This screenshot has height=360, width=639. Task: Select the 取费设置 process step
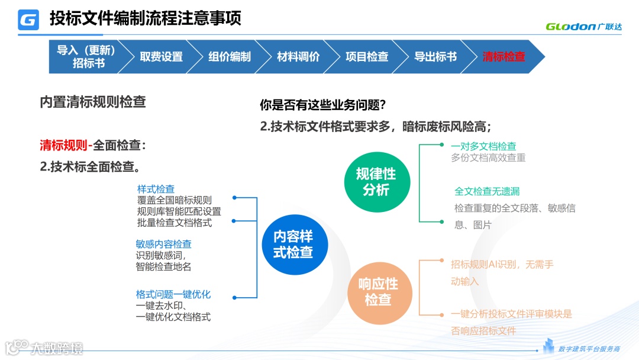(161, 57)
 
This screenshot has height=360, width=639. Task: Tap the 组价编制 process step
(230, 57)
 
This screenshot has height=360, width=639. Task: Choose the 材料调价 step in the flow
(298, 57)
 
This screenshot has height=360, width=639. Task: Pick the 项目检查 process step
(367, 57)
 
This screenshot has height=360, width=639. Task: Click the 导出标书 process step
(435, 57)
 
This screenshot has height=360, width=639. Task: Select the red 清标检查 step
(504, 57)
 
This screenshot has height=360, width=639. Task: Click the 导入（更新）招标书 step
(86, 57)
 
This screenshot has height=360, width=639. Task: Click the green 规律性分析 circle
(376, 182)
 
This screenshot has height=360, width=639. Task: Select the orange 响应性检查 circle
(378, 292)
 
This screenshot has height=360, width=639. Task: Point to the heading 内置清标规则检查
(93, 102)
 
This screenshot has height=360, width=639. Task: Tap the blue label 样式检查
(156, 189)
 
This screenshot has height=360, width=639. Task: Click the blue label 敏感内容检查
(163, 244)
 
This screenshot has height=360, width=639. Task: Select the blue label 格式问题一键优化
(173, 294)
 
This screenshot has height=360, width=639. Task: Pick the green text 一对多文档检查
(483, 146)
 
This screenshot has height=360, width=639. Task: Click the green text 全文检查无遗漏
(487, 191)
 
